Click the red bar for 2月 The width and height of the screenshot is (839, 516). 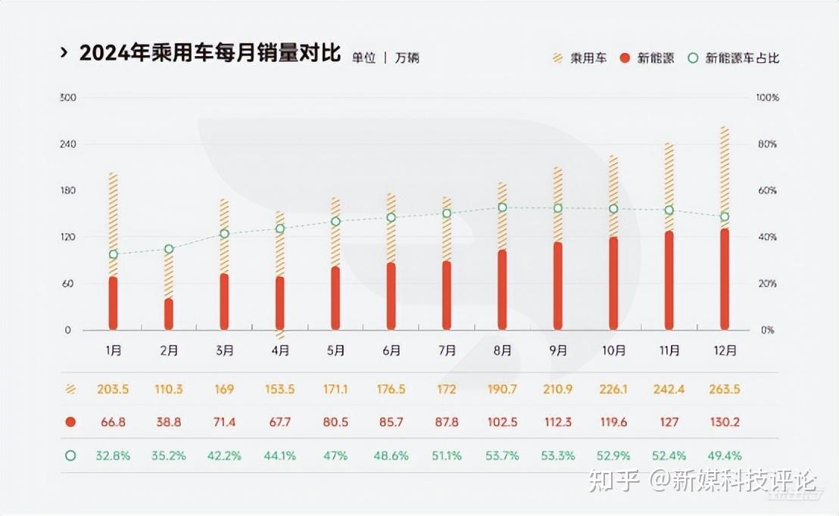[x=169, y=314]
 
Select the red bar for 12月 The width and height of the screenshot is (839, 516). [x=725, y=279]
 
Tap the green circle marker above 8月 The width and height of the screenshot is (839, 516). [x=502, y=207]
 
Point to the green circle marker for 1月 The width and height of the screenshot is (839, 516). [x=114, y=254]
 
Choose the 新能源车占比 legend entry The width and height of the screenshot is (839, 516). [x=734, y=58]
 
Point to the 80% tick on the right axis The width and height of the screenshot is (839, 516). [x=766, y=145]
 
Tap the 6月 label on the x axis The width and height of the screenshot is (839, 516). [x=391, y=350]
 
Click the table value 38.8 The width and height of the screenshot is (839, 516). [x=169, y=421]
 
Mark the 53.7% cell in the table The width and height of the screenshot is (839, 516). [x=502, y=455]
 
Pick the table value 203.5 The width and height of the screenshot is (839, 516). [x=113, y=390]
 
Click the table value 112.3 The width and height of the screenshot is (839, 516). [x=558, y=421]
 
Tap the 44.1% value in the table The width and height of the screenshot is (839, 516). [x=280, y=455]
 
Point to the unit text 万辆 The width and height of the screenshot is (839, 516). [x=407, y=58]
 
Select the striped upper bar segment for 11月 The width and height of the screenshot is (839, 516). [x=669, y=186]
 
